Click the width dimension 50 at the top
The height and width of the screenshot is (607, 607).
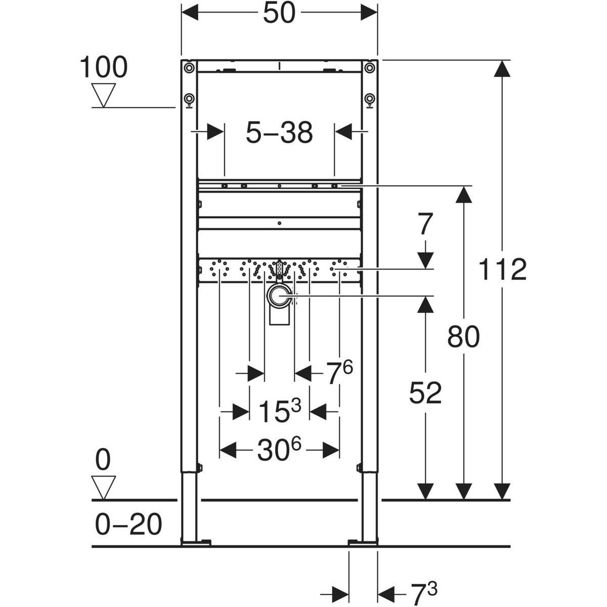pyautogui.click(x=279, y=14)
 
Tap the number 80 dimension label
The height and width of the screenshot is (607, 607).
pyautogui.click(x=463, y=337)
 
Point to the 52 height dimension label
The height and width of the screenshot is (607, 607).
pyautogui.click(x=425, y=393)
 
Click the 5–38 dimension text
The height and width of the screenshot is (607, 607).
pyautogui.click(x=279, y=133)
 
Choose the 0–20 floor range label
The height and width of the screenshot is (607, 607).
pyautogui.click(x=128, y=524)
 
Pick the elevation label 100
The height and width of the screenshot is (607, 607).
pyautogui.click(x=104, y=67)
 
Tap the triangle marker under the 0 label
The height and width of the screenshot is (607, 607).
pyautogui.click(x=103, y=487)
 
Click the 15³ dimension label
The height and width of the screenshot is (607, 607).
pyautogui.click(x=279, y=411)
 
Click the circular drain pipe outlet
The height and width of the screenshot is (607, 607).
pyautogui.click(x=279, y=295)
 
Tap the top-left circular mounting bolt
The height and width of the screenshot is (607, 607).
pyautogui.click(x=189, y=67)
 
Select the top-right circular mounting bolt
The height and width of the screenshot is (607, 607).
pyautogui.click(x=370, y=67)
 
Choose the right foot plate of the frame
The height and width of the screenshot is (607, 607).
pyautogui.click(x=363, y=543)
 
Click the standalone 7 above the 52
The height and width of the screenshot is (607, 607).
pyautogui.click(x=425, y=225)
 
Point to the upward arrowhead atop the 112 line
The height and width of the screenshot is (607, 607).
pyautogui.click(x=502, y=68)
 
